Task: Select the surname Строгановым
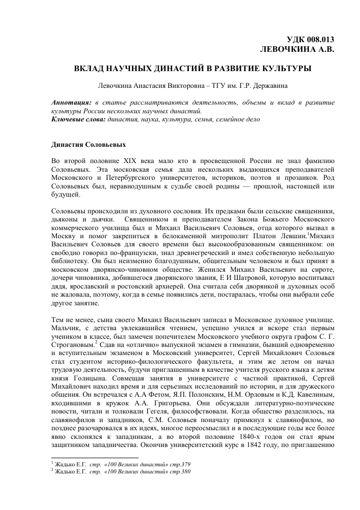[73, 344]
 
